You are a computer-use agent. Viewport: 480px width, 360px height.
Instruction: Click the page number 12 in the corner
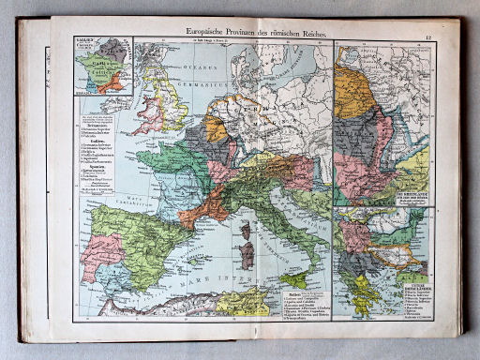point(427,37)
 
